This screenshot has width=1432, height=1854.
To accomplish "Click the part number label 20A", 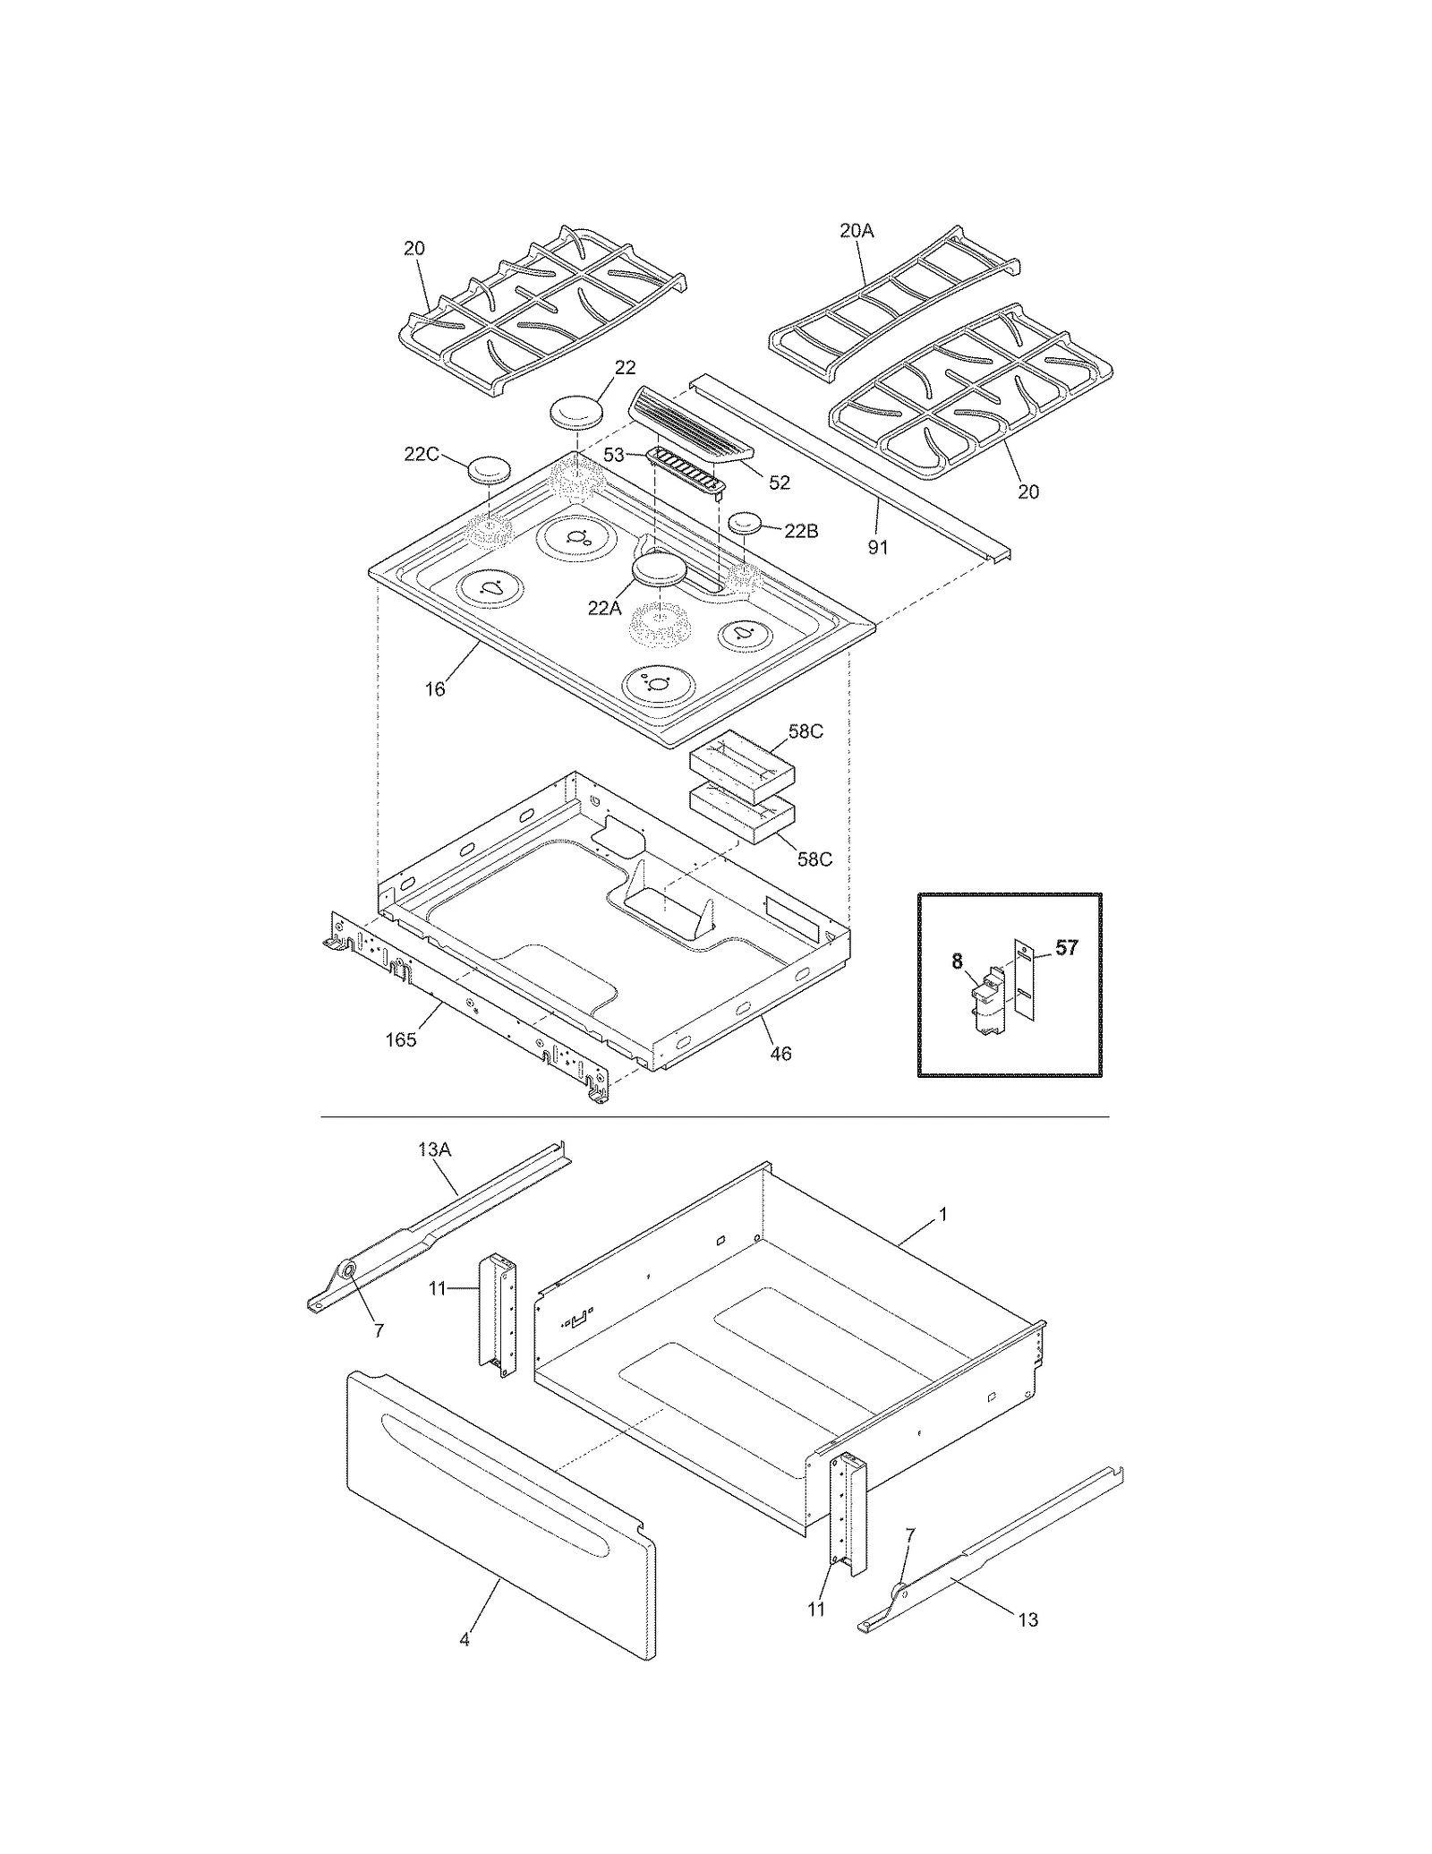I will pyautogui.click(x=856, y=231).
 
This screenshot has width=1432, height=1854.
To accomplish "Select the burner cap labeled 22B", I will pyautogui.click(x=749, y=523).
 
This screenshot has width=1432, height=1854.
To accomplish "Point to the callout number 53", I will pyautogui.click(x=613, y=455).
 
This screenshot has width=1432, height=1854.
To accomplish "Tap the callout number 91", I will pyautogui.click(x=878, y=546).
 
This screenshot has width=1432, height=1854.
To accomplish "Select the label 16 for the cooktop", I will pyautogui.click(x=434, y=689).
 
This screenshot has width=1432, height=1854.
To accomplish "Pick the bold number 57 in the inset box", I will pyautogui.click(x=1066, y=947).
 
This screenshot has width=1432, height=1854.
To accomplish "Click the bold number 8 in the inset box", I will pyautogui.click(x=957, y=961).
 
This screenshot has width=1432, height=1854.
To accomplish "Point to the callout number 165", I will pyautogui.click(x=401, y=1039).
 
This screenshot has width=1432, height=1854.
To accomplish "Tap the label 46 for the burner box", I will pyautogui.click(x=780, y=1054).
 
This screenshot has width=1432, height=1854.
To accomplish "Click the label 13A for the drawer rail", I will pyautogui.click(x=434, y=1149).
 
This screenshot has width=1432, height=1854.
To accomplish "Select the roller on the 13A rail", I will pyautogui.click(x=347, y=1272).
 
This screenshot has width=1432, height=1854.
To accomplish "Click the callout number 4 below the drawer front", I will pyautogui.click(x=464, y=1640).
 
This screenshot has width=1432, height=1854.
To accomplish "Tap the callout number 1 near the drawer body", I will pyautogui.click(x=942, y=1215).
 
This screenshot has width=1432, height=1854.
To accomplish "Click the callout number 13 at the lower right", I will pyautogui.click(x=1027, y=1619).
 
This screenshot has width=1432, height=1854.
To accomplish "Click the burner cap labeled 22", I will pyautogui.click(x=575, y=414).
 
